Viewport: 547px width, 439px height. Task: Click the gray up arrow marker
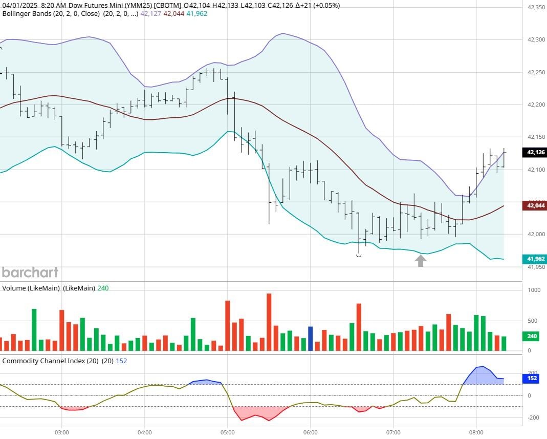pos(420,261)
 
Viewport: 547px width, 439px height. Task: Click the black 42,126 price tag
pos(533,152)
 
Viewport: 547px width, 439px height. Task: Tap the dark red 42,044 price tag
pos(533,205)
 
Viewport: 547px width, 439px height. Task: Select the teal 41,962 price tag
pos(533,259)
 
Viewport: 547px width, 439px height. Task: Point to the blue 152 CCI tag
pos(531,379)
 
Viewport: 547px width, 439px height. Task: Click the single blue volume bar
pos(310,338)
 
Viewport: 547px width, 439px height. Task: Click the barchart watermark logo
pos(30,272)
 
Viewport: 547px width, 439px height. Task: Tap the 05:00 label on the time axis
pos(228,432)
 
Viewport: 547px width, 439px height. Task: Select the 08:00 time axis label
pos(476,432)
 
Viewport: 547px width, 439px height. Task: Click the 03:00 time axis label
pos(62,432)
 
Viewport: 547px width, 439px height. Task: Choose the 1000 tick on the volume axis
pos(534,290)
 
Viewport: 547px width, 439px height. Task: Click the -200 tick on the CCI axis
pos(533,417)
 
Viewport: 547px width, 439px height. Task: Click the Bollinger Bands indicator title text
pos(34,13)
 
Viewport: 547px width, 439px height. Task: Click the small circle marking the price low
pos(359,255)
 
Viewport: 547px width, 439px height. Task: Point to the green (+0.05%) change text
pos(323,5)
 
